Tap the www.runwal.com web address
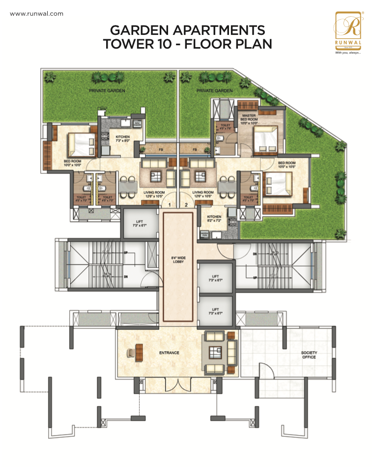pos(36,14)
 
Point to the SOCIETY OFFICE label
pos(310,355)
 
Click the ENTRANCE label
pos(169,353)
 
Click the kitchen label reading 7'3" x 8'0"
pos(122,139)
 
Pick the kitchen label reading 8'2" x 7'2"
pos(214,219)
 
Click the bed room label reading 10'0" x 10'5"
pos(286,165)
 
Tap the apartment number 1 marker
pos(170,204)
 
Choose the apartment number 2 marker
pos(186,204)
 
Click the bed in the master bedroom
pos(265,140)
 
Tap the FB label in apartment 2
pos(195,149)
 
